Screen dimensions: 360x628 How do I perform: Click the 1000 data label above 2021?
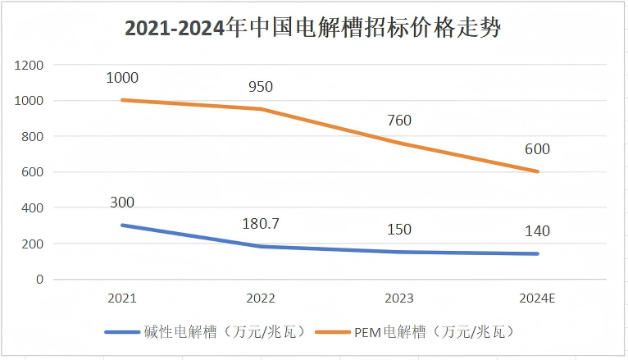pos(121,78)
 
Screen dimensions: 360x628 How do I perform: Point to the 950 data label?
pos(260,86)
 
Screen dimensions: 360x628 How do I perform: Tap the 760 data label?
pos(398,121)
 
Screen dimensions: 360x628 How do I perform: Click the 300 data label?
pos(121,203)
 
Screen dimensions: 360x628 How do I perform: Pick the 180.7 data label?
pos(260,224)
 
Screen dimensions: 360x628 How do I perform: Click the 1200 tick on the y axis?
pos(29,65)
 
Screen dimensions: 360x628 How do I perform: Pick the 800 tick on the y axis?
pos(33,136)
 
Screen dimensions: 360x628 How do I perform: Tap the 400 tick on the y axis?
pos(33,208)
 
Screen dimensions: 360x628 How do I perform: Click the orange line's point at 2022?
pos(261,109)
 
